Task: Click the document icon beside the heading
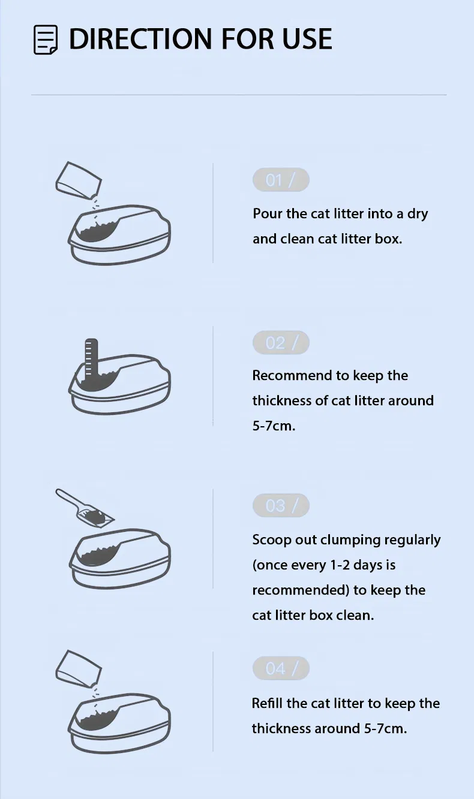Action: click(46, 40)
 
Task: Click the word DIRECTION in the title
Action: click(140, 38)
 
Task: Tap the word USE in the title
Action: click(307, 38)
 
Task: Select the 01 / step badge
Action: click(281, 180)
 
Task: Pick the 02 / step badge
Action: click(281, 342)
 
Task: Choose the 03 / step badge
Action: click(281, 505)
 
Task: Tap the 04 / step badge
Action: click(281, 668)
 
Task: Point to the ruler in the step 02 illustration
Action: click(91, 360)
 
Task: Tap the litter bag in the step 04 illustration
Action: click(79, 669)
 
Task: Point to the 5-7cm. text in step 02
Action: click(274, 426)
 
